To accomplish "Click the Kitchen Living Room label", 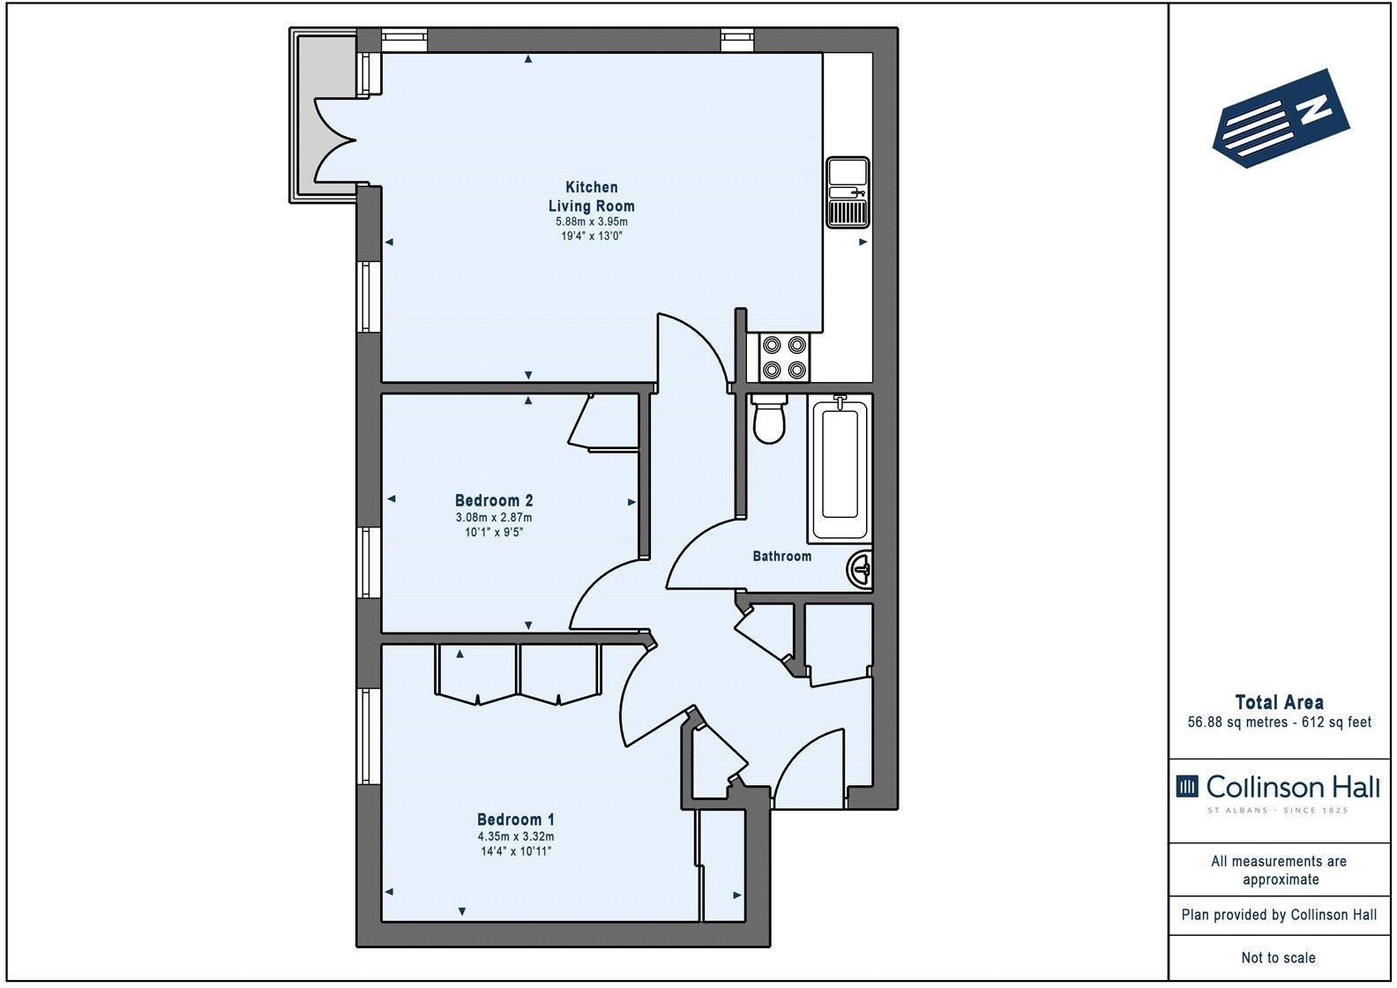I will pyautogui.click(x=591, y=196).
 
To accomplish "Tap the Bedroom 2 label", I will pyautogui.click(x=494, y=500).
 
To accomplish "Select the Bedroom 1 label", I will pyautogui.click(x=516, y=819).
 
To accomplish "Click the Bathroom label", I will pyautogui.click(x=781, y=557).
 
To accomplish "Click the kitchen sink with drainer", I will pyautogui.click(x=848, y=191).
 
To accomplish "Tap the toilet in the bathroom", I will pyautogui.click(x=769, y=420).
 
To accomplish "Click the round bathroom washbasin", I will pyautogui.click(x=861, y=569).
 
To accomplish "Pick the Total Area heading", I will pyautogui.click(x=1279, y=703).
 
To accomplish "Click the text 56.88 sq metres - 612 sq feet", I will pyautogui.click(x=1279, y=722).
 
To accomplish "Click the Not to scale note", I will pyautogui.click(x=1279, y=957).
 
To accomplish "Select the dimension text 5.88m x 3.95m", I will pyautogui.click(x=591, y=221).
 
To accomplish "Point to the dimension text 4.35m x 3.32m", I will pyautogui.click(x=516, y=836).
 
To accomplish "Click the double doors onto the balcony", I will pyautogui.click(x=335, y=139).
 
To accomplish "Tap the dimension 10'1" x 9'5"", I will pyautogui.click(x=494, y=532).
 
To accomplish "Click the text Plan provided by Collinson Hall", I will pyautogui.click(x=1279, y=916).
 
